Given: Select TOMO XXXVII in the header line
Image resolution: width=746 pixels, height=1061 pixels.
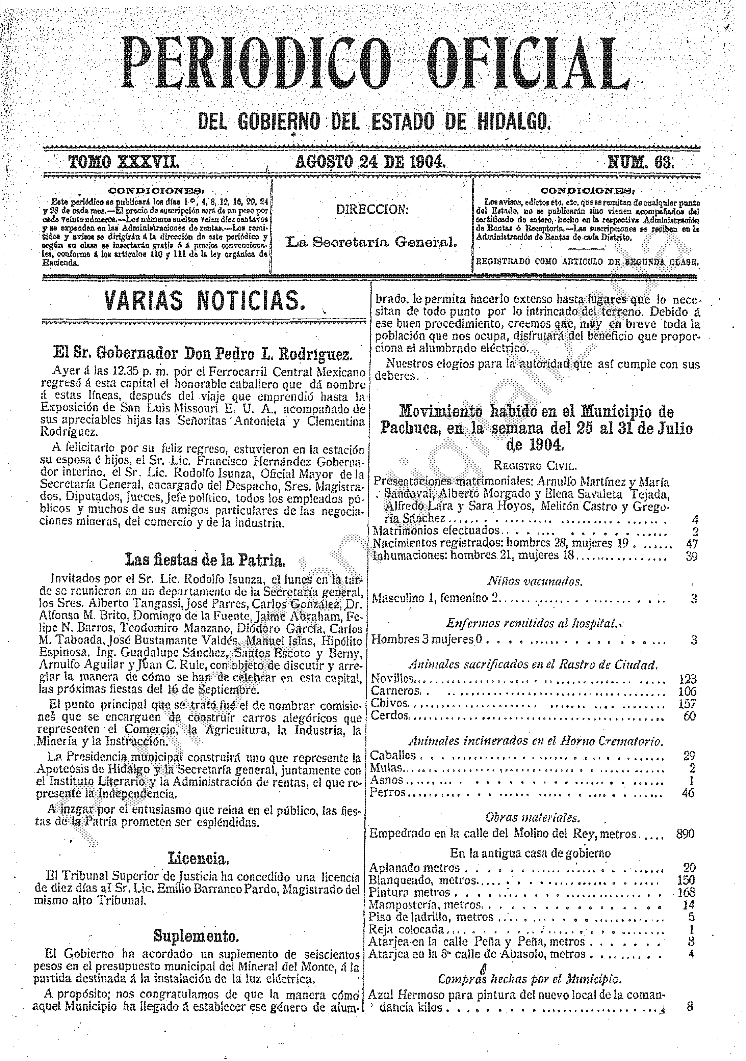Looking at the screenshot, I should click(124, 163).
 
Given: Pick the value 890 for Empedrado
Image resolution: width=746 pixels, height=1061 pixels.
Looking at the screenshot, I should click(685, 833).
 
